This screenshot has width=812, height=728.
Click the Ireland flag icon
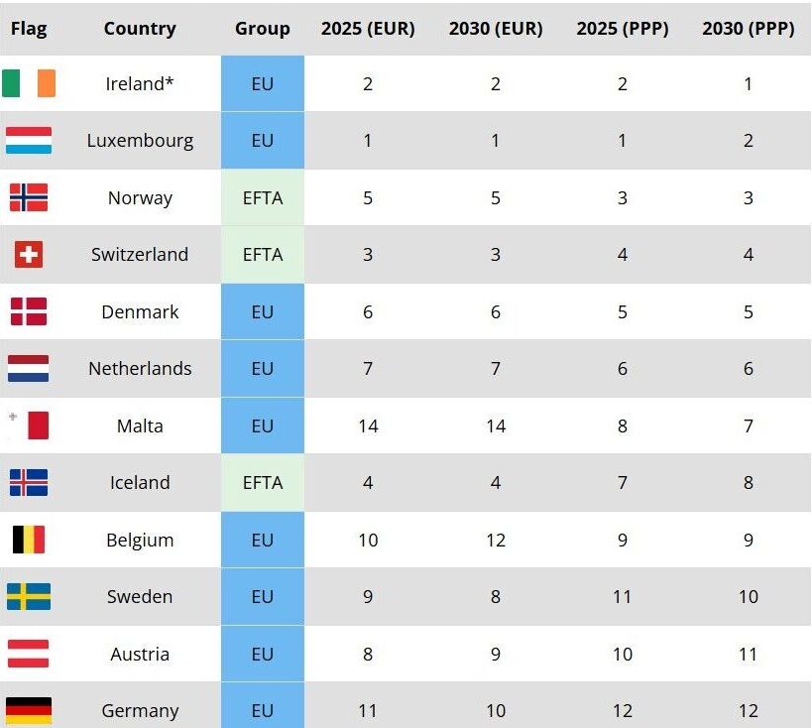29,83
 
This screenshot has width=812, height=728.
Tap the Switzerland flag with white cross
29,255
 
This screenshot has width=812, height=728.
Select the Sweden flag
29,597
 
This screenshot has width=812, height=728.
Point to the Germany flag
29,710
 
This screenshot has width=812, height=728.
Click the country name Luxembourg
140,141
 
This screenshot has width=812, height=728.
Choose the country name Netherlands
140,369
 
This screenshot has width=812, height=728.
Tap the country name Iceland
140,483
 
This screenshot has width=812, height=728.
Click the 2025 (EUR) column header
368,29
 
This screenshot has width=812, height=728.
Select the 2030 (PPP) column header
749,29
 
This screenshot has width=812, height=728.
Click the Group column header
263,29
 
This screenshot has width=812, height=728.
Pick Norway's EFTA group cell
263,198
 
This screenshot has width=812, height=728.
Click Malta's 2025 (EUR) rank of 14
368,426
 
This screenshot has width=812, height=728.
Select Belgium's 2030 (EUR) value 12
496,541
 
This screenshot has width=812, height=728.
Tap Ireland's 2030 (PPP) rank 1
749,84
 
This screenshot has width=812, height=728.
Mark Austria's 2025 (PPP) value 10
623,655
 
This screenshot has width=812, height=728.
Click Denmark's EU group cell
263,312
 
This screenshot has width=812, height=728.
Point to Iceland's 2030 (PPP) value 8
749,483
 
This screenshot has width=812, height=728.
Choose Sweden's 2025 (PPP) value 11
623,597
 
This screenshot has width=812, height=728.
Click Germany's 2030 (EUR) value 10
496,711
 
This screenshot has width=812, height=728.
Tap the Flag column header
29,29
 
